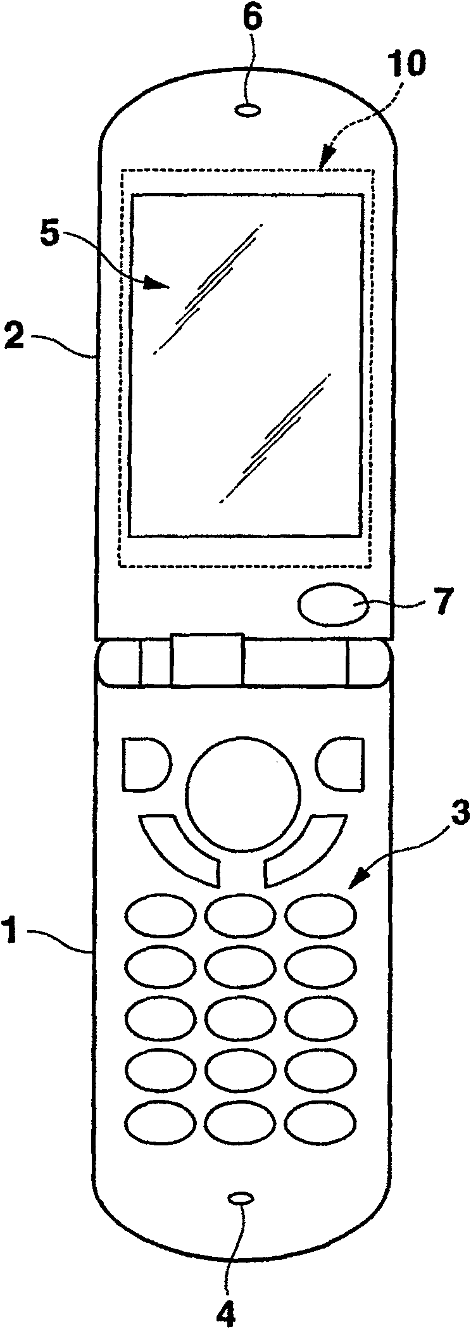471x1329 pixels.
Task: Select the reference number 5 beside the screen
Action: [x=49, y=237]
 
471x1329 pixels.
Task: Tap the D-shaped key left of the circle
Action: [x=144, y=764]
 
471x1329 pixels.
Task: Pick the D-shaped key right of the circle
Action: [x=342, y=764]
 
